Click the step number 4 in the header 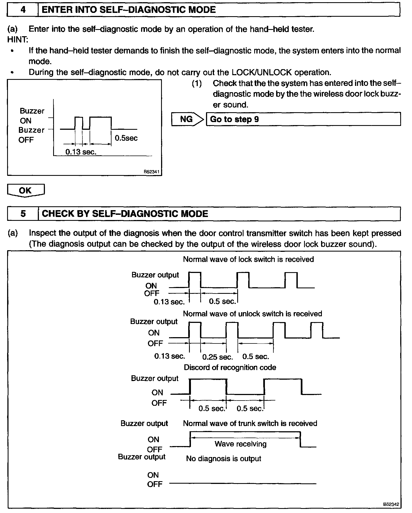pos(23,10)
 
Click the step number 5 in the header pos(23,214)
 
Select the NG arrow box pos(187,119)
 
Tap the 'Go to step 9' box pos(303,119)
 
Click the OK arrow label pos(25,190)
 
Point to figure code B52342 pos(391,504)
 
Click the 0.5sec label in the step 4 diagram pos(126,138)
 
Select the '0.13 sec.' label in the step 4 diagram pos(81,152)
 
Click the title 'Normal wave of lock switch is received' pos(248,259)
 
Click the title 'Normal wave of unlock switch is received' pos(252,314)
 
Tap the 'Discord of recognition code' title pos(230,367)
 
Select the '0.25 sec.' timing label pos(218,357)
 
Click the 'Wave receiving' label pos(240,444)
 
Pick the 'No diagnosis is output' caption pos(224,458)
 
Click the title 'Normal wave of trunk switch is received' pos(250,423)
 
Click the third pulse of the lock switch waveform pos(291,280)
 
